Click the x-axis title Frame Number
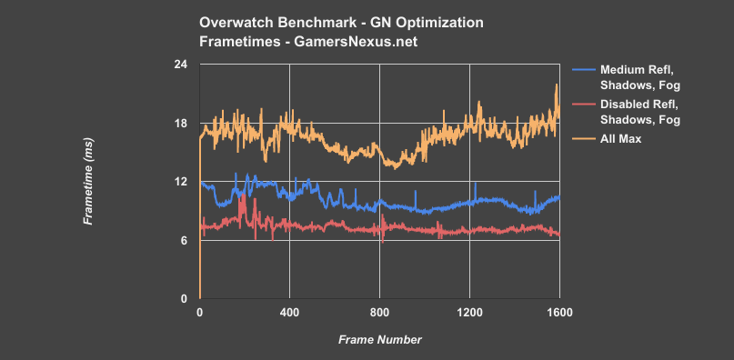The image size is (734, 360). tap(379, 339)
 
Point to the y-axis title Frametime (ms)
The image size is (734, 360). tap(88, 182)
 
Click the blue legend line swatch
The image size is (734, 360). tap(583, 69)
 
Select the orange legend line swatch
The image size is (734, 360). tap(583, 138)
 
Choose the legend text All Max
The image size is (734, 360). tap(620, 138)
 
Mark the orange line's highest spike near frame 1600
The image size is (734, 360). tap(557, 85)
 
